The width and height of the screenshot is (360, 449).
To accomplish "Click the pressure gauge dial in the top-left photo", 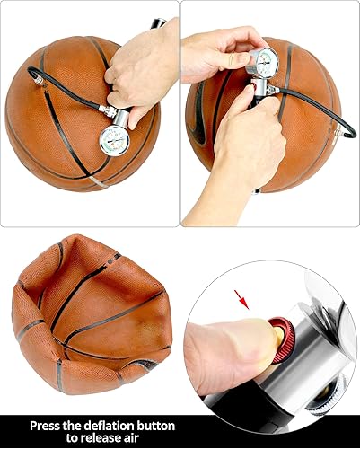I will (x=114, y=140).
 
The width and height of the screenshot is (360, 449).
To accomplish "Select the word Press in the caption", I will (x=48, y=425).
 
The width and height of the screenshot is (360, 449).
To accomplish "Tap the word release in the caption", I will (x=94, y=438).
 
